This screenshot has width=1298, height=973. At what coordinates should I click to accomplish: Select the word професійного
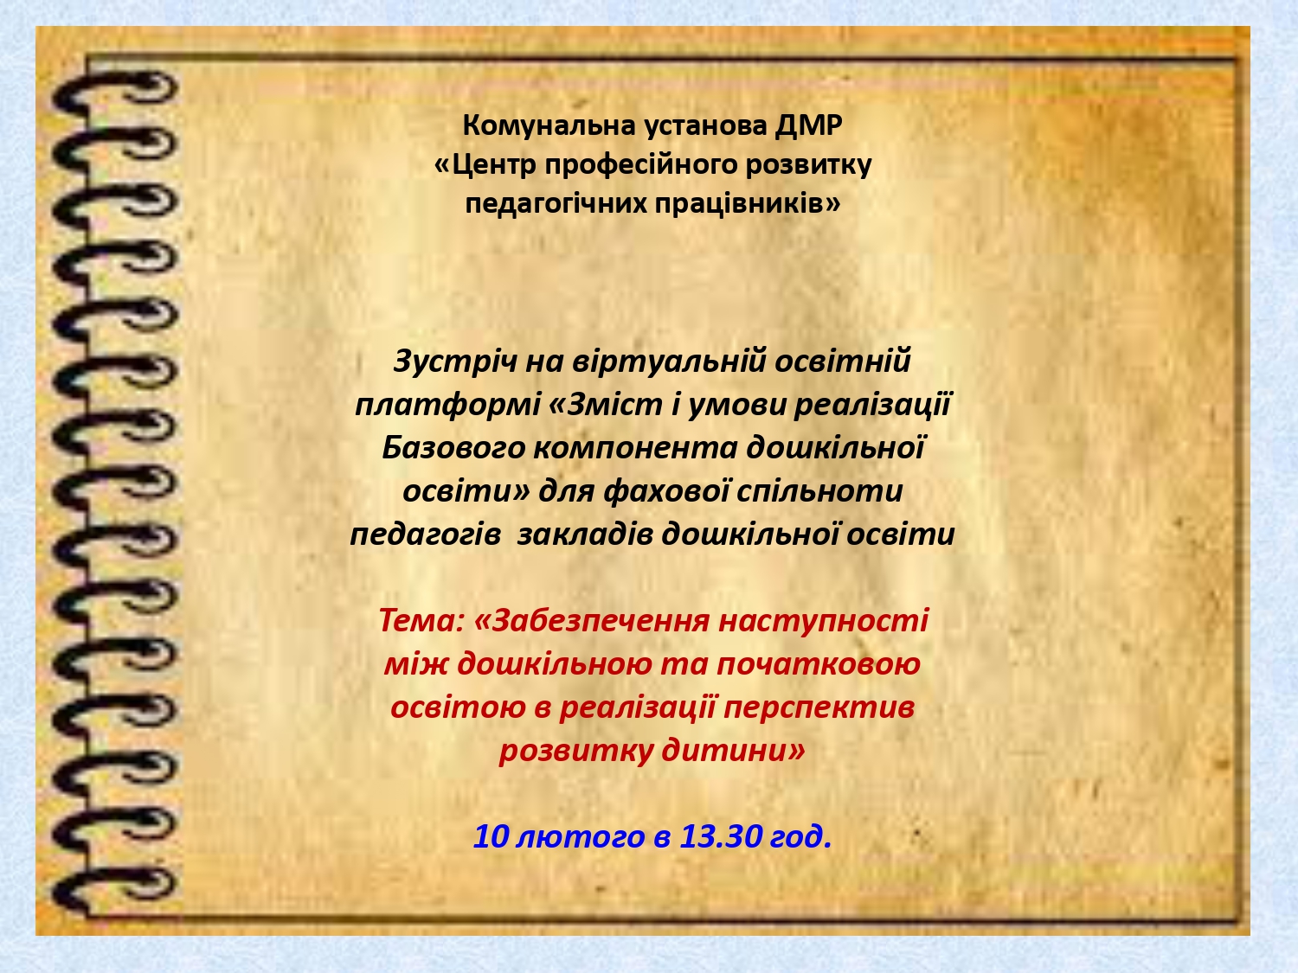pyautogui.click(x=641, y=166)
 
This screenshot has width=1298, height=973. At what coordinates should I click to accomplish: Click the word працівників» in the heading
pyautogui.click(x=748, y=205)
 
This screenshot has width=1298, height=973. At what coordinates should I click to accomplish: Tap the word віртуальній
pyautogui.click(x=669, y=361)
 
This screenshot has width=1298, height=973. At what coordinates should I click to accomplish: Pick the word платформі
pyautogui.click(x=447, y=406)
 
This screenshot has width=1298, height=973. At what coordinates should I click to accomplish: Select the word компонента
pyautogui.click(x=635, y=448)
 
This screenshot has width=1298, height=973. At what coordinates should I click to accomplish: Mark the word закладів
pyautogui.click(x=585, y=535)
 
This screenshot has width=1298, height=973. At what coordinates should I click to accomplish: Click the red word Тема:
pyautogui.click(x=421, y=621)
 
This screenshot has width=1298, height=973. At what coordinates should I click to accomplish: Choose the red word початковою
pyautogui.click(x=819, y=664)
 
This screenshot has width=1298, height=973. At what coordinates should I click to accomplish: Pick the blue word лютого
pyautogui.click(x=580, y=837)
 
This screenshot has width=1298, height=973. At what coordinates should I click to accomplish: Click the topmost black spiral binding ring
pyautogui.click(x=115, y=93)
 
